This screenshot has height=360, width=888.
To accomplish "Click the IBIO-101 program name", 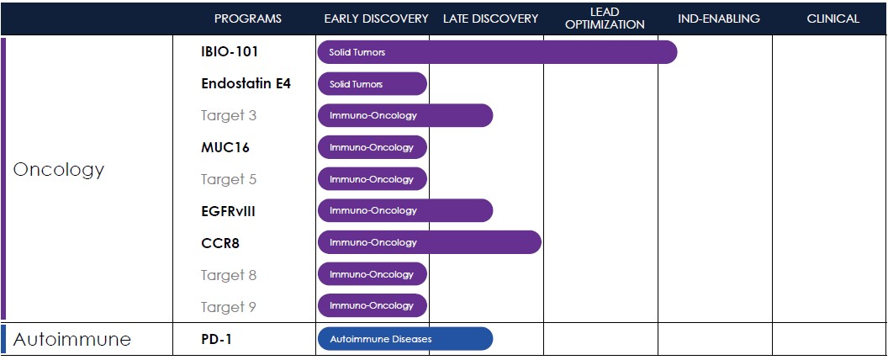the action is pyautogui.click(x=230, y=52).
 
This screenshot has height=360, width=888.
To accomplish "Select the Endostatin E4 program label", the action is pyautogui.click(x=246, y=84).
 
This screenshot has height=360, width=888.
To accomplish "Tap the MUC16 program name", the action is pyautogui.click(x=225, y=148).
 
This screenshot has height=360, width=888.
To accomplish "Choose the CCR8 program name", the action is pyautogui.click(x=220, y=243).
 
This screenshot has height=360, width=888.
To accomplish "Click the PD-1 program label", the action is pyautogui.click(x=216, y=340).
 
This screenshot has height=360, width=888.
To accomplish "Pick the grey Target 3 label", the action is pyautogui.click(x=229, y=115).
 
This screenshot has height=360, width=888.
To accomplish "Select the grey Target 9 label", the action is pyautogui.click(x=229, y=307).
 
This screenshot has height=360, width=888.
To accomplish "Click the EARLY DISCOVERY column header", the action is pyautogui.click(x=376, y=19).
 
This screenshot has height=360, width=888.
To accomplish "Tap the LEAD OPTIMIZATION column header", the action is pyautogui.click(x=605, y=19).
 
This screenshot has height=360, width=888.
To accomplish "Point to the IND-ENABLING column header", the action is pyautogui.click(x=719, y=19).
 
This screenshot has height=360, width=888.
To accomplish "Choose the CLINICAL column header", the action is pyautogui.click(x=833, y=19).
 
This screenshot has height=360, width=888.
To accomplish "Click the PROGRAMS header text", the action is pyautogui.click(x=247, y=19).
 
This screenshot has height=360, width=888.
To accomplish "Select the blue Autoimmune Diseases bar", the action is pyautogui.click(x=405, y=339).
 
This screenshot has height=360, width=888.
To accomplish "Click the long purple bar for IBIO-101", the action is pyautogui.click(x=497, y=52).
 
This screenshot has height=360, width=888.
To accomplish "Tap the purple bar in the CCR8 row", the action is pyautogui.click(x=429, y=242).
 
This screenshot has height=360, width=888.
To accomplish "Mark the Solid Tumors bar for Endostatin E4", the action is pyautogui.click(x=372, y=84).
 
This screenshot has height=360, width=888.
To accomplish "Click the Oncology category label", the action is pyautogui.click(x=59, y=170).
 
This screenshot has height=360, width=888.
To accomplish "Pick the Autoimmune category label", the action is pyautogui.click(x=72, y=340).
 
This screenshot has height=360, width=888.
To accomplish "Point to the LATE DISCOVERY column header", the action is pyautogui.click(x=490, y=19).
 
